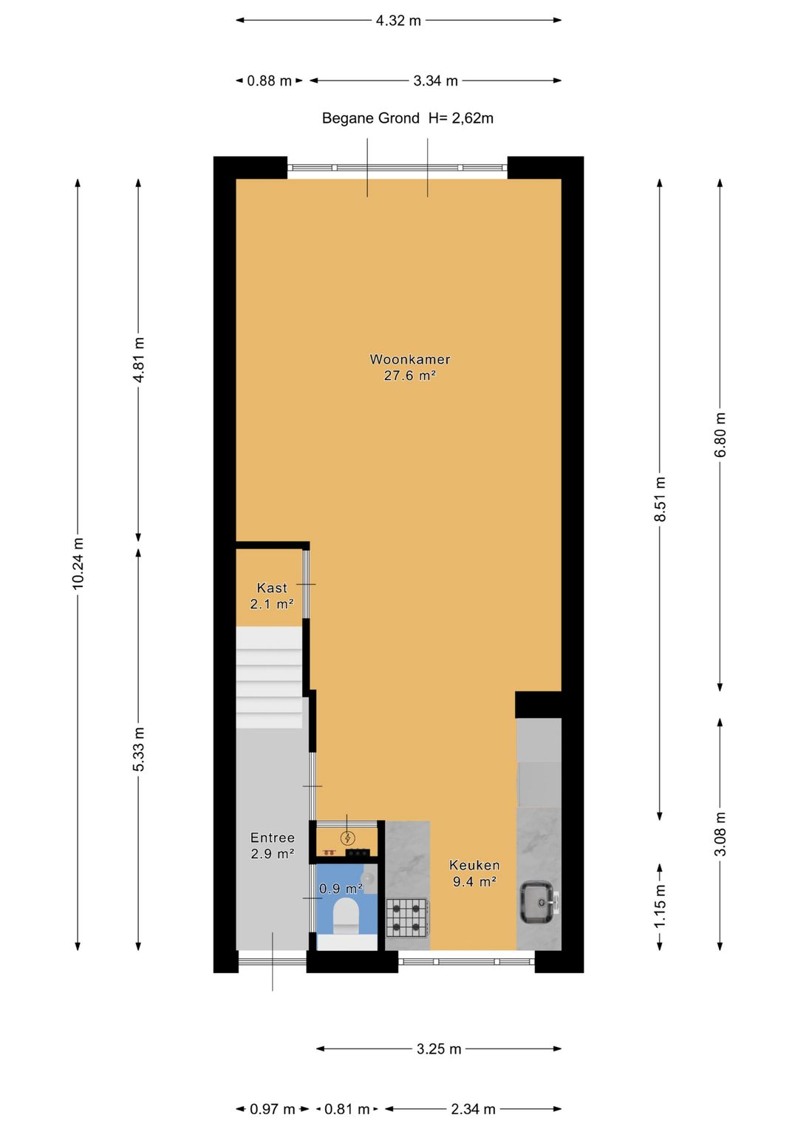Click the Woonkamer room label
coord(409,359)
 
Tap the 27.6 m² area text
coord(409,376)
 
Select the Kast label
coord(271,588)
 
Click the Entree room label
coord(272,838)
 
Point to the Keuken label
coord(474,865)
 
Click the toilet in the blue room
coord(345,915)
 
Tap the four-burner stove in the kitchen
coord(407,917)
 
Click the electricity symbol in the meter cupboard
coord(347,838)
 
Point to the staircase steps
coord(269,677)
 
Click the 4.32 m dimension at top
coord(398,21)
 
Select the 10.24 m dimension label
coord(78,563)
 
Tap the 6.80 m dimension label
coord(720,434)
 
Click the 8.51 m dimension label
coord(660,499)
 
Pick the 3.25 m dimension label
coord(438,1048)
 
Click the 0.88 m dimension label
coord(269,81)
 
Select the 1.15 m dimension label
coord(660,906)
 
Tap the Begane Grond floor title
coord(370,118)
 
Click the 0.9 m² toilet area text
coord(341,888)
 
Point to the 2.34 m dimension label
coord(473,1109)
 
